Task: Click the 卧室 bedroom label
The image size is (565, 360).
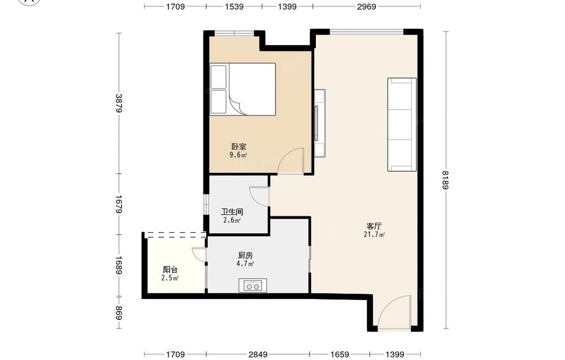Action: pos(239,147)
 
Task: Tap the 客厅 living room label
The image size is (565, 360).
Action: pos(374,226)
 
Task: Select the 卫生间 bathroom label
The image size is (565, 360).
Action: pos(232,212)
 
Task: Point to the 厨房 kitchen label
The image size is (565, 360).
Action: pos(245,255)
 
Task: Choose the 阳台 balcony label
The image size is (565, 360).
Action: pos(170,270)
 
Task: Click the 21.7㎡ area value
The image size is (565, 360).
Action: pos(375,235)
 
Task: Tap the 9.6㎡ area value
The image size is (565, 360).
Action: pos(238,155)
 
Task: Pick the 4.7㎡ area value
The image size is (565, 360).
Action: pos(245,264)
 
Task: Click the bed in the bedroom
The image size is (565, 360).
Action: pos(243,89)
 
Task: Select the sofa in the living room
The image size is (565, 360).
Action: pos(402,124)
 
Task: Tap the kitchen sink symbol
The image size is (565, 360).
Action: pos(253,285)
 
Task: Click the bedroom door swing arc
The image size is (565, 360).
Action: pos(289,157)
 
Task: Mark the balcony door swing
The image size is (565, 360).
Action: pos(199,254)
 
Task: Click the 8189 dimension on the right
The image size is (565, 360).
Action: pos(446,180)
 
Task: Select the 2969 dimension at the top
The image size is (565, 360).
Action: pos(367,6)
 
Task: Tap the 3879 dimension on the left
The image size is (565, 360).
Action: pos(119,103)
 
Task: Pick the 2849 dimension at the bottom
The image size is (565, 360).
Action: pos(258,354)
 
